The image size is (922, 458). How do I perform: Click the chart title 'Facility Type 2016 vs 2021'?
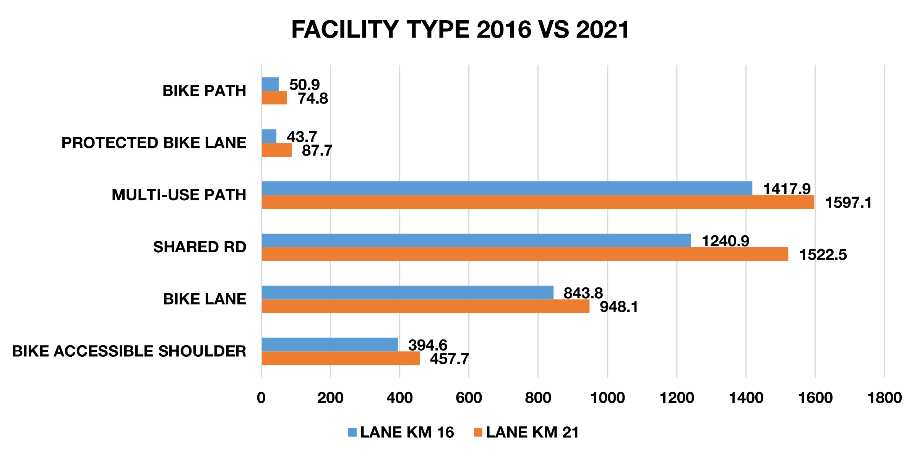(460, 30)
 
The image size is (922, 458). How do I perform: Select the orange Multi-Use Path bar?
(537, 202)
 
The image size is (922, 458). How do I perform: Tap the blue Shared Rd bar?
(476, 240)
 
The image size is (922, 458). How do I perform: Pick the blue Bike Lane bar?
(407, 292)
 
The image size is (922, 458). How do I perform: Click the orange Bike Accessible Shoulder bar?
(340, 358)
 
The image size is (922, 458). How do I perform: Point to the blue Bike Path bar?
(270, 84)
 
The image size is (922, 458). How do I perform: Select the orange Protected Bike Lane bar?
(276, 150)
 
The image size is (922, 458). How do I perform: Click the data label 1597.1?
(848, 203)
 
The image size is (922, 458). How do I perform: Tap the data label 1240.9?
(726, 241)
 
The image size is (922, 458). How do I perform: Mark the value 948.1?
(619, 307)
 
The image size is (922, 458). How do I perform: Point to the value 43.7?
(302, 136)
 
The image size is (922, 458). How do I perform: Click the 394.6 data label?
(427, 345)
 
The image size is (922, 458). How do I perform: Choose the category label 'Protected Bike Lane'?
(154, 143)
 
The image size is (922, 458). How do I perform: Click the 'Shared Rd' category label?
(200, 247)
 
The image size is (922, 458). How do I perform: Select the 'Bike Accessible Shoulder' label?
(129, 351)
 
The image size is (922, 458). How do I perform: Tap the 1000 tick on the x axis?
(607, 398)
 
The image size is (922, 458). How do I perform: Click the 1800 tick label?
(885, 398)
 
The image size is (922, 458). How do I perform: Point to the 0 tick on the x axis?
(261, 398)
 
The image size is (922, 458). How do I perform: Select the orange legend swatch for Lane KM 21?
(478, 432)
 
